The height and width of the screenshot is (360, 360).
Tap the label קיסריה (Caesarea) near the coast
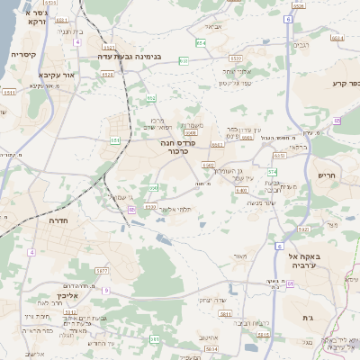pos(23,55)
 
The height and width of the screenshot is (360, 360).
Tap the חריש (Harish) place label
pos(326,175)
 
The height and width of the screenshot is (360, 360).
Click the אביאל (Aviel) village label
pos(212,26)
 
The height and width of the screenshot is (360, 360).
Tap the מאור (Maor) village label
pos(239,256)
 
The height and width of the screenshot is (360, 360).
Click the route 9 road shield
pos(105,291)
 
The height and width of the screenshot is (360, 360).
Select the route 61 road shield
pos(292,284)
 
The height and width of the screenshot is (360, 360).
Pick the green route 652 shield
pos(151,98)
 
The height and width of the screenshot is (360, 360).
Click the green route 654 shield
pos(200,42)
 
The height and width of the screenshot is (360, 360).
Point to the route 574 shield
pos(272,170)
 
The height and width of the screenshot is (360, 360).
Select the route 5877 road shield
pos(102,270)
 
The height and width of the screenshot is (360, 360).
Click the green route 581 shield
pos(154,338)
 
